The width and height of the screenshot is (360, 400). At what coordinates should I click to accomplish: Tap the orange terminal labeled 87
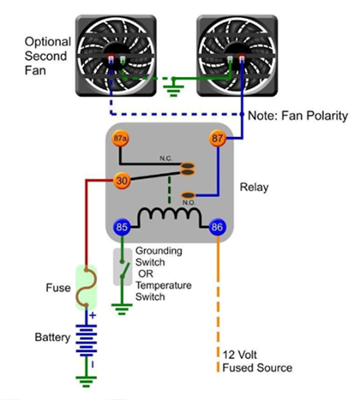tap(217, 140)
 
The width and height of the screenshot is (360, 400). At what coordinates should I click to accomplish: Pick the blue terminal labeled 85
tap(122, 229)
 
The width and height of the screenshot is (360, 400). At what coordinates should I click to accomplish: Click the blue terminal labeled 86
tap(218, 229)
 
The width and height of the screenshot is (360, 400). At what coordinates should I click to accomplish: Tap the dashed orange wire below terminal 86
tap(218, 291)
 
